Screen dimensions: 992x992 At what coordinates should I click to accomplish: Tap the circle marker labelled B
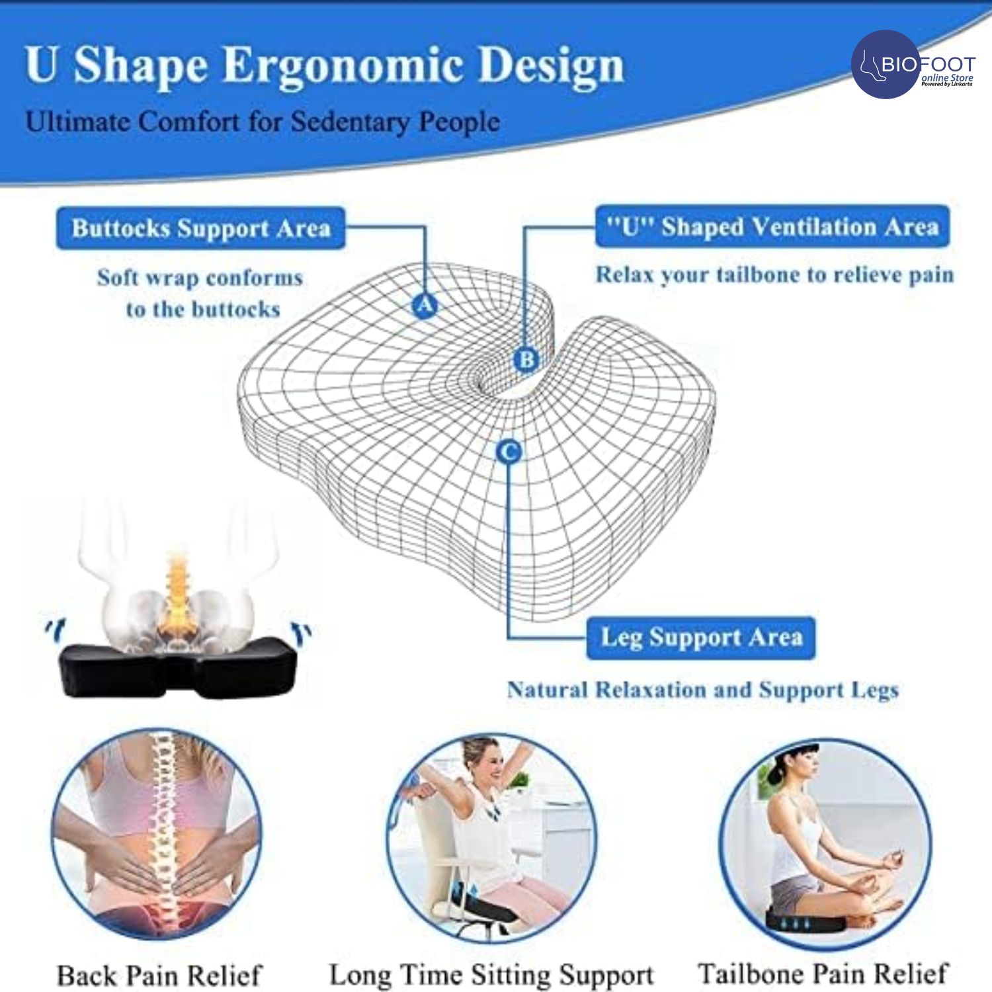tap(526, 359)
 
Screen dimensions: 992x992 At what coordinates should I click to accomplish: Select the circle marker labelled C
tap(509, 452)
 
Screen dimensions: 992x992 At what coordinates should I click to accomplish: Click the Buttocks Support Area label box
tap(200, 228)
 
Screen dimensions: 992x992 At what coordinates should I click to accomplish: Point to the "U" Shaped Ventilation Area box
tap(772, 227)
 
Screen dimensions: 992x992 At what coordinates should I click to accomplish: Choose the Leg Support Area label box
tap(700, 638)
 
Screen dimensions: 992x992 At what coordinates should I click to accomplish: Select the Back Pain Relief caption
tap(159, 975)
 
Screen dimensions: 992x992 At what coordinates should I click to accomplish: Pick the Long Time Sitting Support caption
tap(491, 975)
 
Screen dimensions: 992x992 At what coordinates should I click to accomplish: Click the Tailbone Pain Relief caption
tap(823, 973)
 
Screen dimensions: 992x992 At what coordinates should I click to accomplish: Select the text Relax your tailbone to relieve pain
tap(774, 275)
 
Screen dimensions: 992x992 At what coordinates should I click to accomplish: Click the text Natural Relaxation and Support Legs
tap(703, 690)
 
